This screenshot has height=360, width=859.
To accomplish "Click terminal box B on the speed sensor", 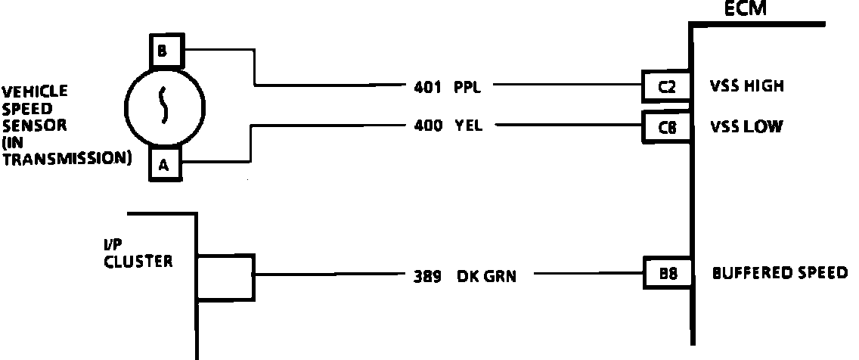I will click(x=163, y=51).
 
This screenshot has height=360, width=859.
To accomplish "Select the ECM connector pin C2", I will click(x=666, y=86).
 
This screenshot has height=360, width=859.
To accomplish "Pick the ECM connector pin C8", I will click(x=666, y=126).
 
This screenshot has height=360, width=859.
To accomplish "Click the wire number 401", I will click(x=427, y=86).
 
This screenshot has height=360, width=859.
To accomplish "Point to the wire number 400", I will click(x=428, y=126).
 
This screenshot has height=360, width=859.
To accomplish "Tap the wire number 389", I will click(x=427, y=276).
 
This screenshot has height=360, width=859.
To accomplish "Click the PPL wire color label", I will click(x=467, y=86).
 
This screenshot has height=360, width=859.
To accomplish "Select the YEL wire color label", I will click(x=467, y=126).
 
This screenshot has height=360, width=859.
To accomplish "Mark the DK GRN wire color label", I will click(x=486, y=276).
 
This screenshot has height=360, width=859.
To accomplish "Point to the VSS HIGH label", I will click(x=746, y=86).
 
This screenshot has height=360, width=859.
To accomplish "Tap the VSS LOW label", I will click(x=745, y=126).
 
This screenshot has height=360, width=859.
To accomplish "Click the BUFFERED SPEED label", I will click(x=780, y=273).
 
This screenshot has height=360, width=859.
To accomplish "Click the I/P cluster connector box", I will click(x=225, y=277).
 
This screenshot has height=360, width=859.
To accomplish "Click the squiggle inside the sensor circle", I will click(x=163, y=107).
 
